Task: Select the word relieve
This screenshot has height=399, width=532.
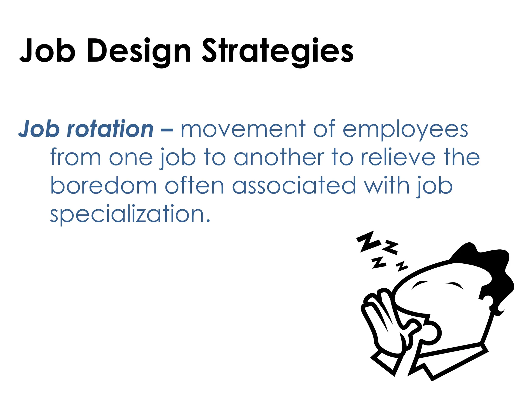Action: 398,157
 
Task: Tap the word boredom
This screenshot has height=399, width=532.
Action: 103,186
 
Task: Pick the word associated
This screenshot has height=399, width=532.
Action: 294,186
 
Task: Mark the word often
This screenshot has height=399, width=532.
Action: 194,186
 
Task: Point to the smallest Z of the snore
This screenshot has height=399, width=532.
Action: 402,266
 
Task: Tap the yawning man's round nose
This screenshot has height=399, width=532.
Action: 431,333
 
